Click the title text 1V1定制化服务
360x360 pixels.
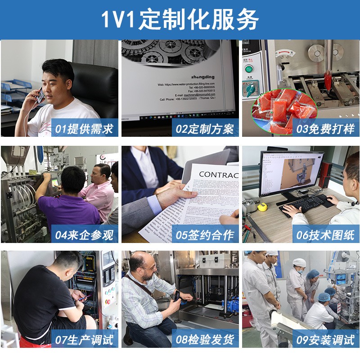click(180, 19)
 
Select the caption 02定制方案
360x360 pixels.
click(205, 129)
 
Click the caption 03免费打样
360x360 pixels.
click(326, 129)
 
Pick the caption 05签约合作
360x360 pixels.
click(205, 234)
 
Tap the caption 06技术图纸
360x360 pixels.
click(326, 234)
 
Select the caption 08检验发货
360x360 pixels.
click(205, 340)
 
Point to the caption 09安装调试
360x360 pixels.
click(326, 340)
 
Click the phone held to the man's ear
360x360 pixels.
click(40, 95)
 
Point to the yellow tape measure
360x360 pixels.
click(262, 207)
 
